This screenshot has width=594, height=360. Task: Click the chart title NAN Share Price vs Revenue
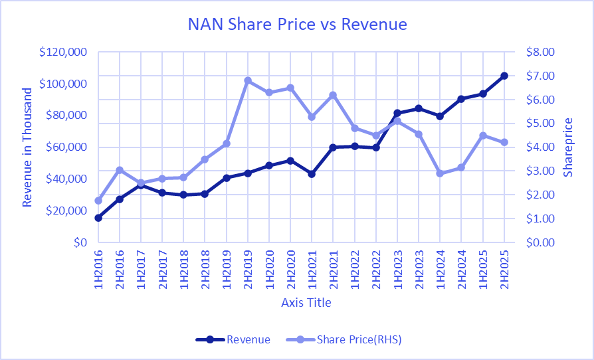click(297, 25)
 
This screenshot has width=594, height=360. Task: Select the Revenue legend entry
click(248, 339)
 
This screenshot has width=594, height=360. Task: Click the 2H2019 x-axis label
click(248, 270)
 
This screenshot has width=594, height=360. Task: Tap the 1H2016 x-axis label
click(98, 270)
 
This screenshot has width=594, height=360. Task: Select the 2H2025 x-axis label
click(504, 270)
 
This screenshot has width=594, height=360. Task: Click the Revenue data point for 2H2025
click(504, 76)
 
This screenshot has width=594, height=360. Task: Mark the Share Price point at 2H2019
click(248, 80)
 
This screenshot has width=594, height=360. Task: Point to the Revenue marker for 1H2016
click(98, 218)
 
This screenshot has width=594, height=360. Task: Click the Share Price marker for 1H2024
click(440, 173)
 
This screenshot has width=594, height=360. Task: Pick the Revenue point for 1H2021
click(312, 174)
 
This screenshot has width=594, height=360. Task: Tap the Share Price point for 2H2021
click(333, 95)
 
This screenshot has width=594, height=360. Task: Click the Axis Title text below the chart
click(306, 303)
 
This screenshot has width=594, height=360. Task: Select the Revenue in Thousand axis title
click(27, 147)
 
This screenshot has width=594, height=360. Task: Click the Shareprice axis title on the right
click(568, 147)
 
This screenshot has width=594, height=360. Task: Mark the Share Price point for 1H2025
click(483, 135)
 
